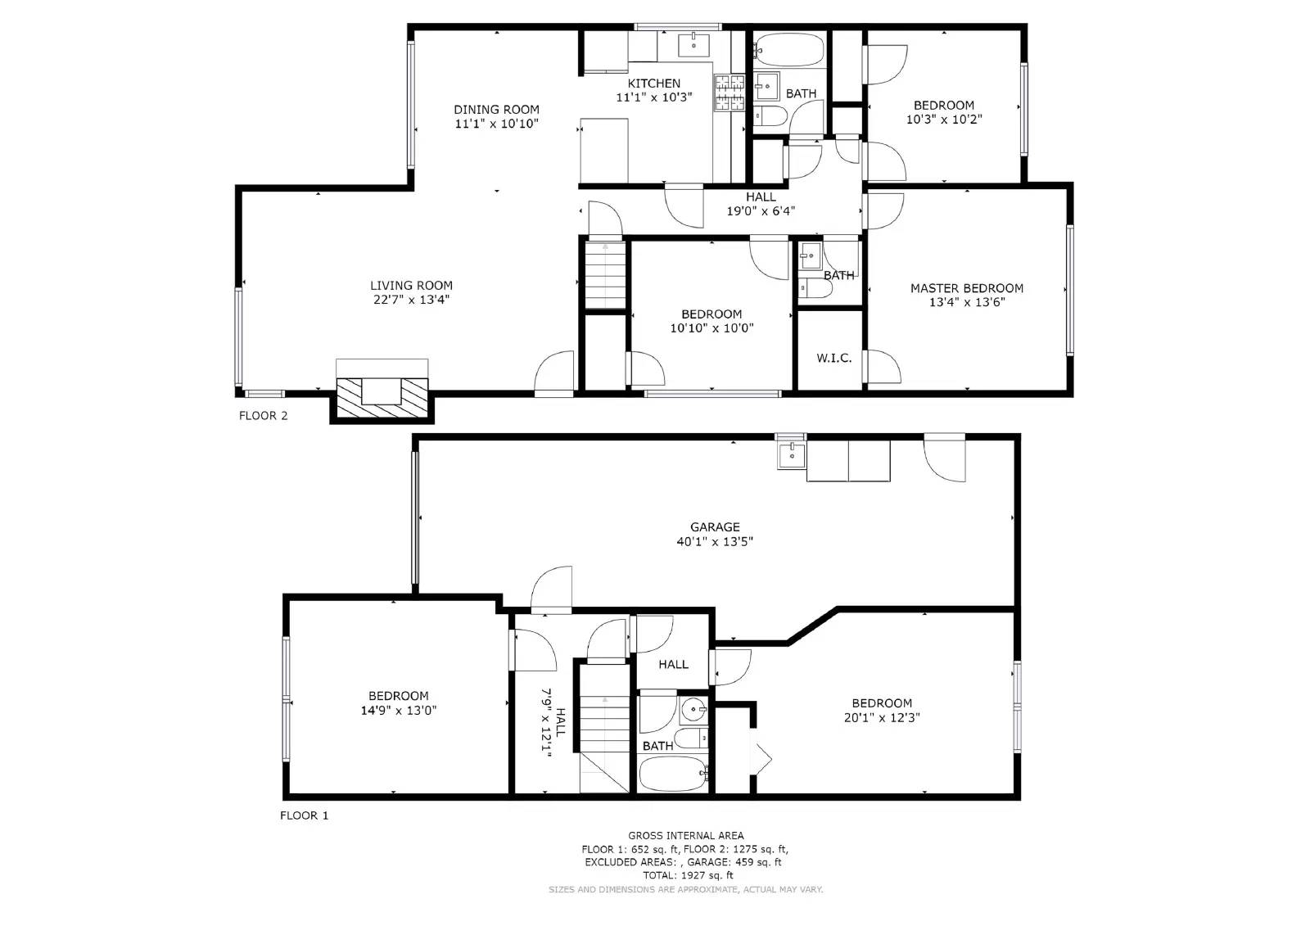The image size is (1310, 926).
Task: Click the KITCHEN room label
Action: pyautogui.click(x=653, y=84)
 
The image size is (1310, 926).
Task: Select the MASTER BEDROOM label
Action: pyautogui.click(x=967, y=288)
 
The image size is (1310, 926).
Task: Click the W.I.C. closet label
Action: pyautogui.click(x=833, y=359)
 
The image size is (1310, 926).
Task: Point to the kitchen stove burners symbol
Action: pyautogui.click(x=729, y=93)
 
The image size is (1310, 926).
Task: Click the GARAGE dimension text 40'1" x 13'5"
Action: pyautogui.click(x=715, y=541)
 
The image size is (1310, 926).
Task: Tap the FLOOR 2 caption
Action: pyautogui.click(x=263, y=416)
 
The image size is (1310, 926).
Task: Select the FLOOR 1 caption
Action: pyautogui.click(x=304, y=815)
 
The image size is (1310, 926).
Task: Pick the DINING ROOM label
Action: pyautogui.click(x=496, y=110)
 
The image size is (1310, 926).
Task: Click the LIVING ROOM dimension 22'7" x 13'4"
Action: pyautogui.click(x=411, y=300)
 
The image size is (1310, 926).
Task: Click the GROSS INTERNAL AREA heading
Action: pyautogui.click(x=686, y=835)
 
